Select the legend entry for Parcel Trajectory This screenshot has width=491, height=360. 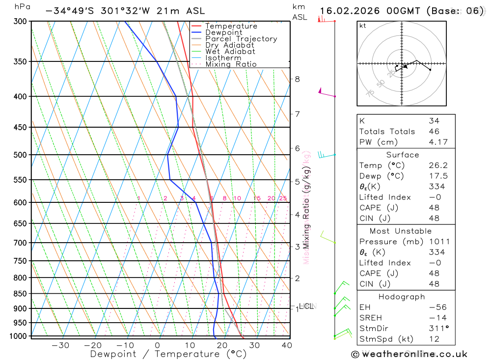241,39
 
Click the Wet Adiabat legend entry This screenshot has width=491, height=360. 230,52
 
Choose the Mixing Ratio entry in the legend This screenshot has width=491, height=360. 231,64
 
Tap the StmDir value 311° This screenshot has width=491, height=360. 436,329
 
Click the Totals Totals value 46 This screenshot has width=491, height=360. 434,131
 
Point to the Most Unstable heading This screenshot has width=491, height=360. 401,231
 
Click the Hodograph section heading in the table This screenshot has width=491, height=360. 402,297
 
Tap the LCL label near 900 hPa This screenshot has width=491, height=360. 306,306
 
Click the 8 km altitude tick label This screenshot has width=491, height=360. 297,79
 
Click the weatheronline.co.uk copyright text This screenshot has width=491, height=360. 409,354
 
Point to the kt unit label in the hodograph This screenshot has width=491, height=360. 363,26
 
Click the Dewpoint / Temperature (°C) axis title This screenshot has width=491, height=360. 168,354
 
